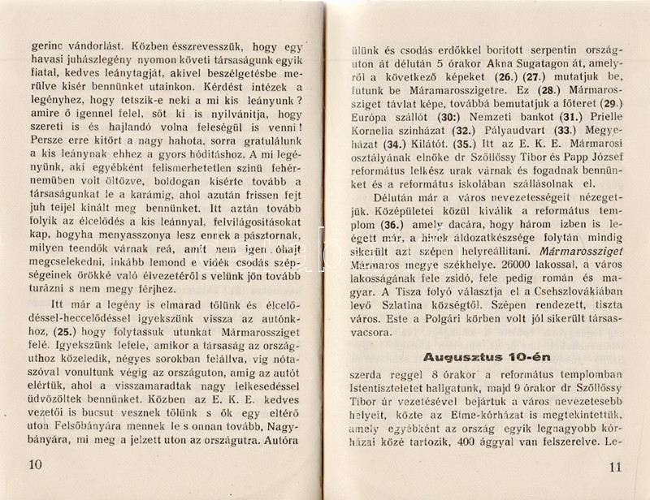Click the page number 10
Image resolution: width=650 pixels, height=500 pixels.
tap(33, 464)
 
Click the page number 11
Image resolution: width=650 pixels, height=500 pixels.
tap(613, 467)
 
